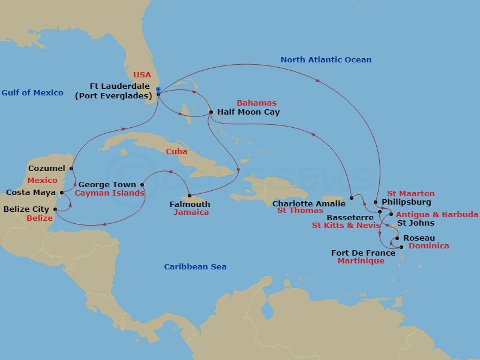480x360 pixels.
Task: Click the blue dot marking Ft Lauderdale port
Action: coord(158,94)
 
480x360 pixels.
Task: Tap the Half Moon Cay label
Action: coord(248,112)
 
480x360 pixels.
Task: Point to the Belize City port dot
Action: coord(55,209)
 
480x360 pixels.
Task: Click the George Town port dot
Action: coord(142,185)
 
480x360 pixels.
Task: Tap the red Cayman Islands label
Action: coord(109,193)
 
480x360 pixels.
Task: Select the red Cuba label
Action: coord(177,152)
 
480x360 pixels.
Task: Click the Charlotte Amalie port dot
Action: coord(351,197)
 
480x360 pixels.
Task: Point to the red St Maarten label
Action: coord(410,193)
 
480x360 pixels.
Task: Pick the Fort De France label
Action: coord(363,253)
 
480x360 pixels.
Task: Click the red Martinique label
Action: coord(361,261)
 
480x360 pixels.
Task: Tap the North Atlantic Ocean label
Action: coord(326,60)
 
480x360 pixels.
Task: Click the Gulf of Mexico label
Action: coord(32,92)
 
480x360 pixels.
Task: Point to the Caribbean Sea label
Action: coord(196,267)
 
